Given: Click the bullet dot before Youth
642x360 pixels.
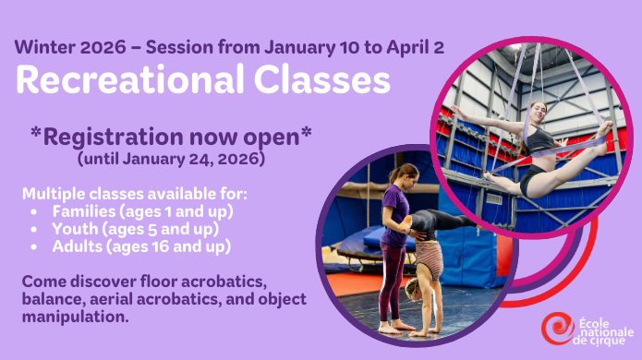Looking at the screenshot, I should (x=34, y=230).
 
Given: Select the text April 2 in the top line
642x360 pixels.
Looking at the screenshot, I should (x=416, y=46).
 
